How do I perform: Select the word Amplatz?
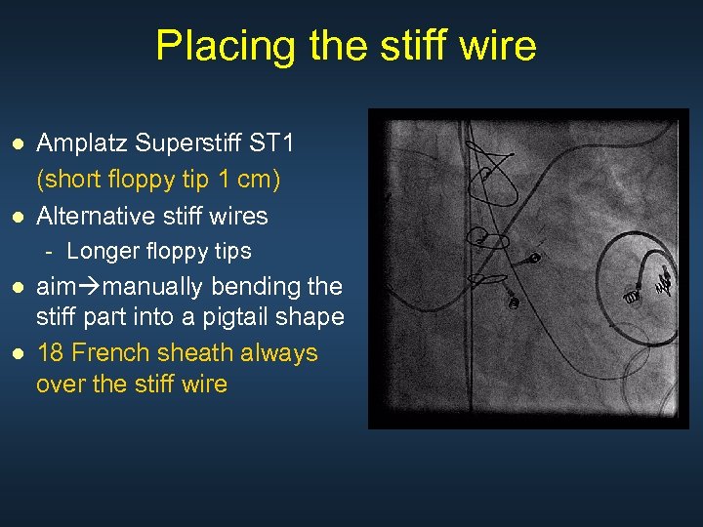[82, 144]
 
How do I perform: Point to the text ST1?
[272, 144]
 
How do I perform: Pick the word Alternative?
[97, 215]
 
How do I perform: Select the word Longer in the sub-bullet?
[103, 251]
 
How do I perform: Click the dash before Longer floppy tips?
[49, 251]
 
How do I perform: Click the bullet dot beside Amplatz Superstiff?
[17, 144]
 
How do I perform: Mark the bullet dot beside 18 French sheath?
[17, 352]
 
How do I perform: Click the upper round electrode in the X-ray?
[535, 258]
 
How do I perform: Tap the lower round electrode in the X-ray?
[514, 302]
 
